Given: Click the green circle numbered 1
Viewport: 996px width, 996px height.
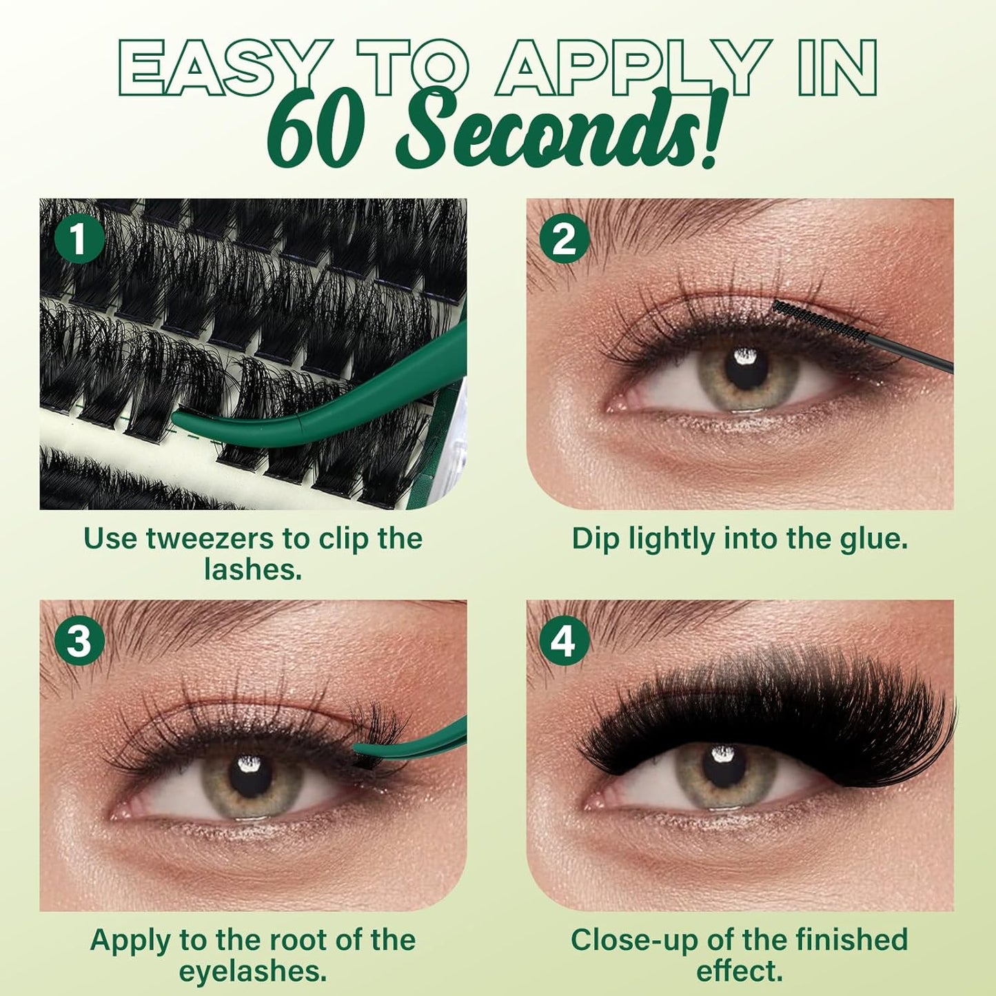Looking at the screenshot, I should [x=79, y=241].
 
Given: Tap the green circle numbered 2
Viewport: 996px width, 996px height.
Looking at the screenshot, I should [x=565, y=241].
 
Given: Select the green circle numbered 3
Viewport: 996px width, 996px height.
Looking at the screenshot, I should [x=79, y=641].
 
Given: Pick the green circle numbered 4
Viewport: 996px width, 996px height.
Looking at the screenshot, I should [x=565, y=641].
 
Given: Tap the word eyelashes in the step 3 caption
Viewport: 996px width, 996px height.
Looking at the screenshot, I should [x=252, y=971].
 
